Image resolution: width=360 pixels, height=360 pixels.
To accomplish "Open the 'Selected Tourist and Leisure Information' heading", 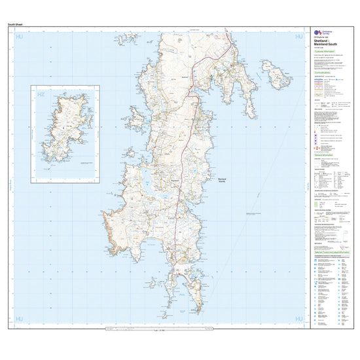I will [x=334, y=252].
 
